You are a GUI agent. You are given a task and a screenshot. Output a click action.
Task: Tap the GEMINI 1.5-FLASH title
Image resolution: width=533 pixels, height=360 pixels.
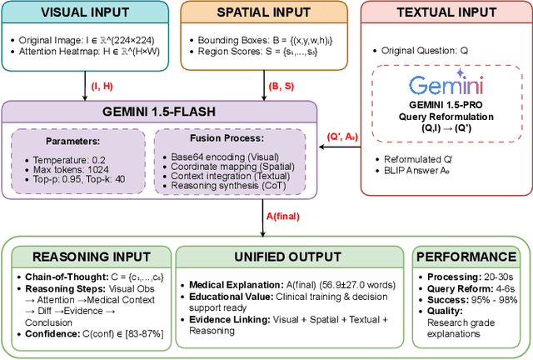[x=158, y=112]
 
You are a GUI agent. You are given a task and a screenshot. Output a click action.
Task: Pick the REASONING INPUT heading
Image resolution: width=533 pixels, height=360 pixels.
[x=86, y=257]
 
